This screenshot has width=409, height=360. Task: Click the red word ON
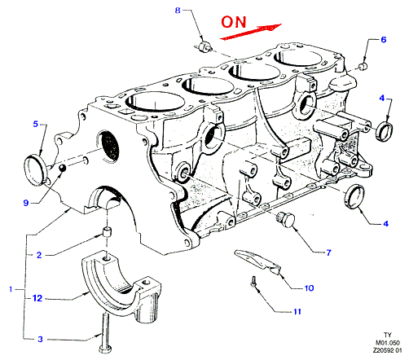pyautogui.click(x=234, y=22)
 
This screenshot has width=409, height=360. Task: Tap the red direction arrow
pyautogui.click(x=250, y=32)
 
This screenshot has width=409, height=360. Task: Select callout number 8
pyautogui.click(x=178, y=11)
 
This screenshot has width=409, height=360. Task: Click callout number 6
pyautogui.click(x=383, y=40)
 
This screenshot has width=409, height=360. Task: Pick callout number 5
pyautogui.click(x=36, y=124)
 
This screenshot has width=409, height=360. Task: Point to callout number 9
pyautogui.click(x=26, y=203)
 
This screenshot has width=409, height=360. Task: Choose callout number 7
pyautogui.click(x=328, y=252)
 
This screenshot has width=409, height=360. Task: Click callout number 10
pyautogui.click(x=309, y=288)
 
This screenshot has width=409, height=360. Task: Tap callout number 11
pyautogui.click(x=297, y=311)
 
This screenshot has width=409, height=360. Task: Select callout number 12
pyautogui.click(x=37, y=298)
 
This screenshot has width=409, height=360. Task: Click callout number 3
pyautogui.click(x=40, y=339)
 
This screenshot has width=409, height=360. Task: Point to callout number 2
pyautogui.click(x=39, y=255)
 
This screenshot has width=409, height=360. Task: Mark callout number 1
pyautogui.click(x=11, y=289)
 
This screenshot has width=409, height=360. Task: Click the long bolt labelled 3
pyautogui.click(x=105, y=333)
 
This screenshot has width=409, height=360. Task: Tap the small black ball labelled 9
pyautogui.click(x=63, y=168)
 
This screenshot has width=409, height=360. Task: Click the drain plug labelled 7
pyautogui.click(x=285, y=219)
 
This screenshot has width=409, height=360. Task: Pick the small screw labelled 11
pyautogui.click(x=253, y=282)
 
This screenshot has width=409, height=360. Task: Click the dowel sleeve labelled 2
pyautogui.click(x=108, y=233)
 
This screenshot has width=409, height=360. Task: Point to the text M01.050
pyautogui.click(x=388, y=343)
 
